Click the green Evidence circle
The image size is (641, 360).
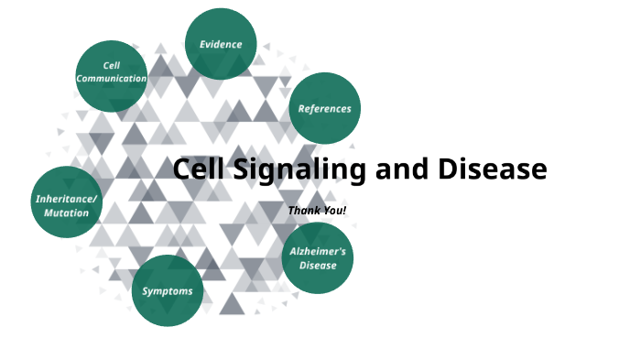[x=221, y=44]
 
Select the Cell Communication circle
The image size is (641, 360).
[x=111, y=76]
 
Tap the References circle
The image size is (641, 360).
[x=324, y=108]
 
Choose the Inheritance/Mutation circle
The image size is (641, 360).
[x=66, y=203]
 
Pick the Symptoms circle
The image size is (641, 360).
[x=168, y=291]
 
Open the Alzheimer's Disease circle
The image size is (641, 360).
[x=318, y=258]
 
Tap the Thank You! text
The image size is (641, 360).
[x=317, y=211]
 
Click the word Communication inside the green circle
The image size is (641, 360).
[x=112, y=79]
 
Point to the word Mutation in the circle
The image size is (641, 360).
[x=66, y=213]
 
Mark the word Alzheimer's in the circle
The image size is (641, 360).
[x=318, y=251]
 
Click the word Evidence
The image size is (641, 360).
[x=221, y=44]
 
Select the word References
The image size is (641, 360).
[x=324, y=108]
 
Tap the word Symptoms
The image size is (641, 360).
[x=168, y=291]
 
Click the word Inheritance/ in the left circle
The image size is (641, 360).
[x=66, y=198]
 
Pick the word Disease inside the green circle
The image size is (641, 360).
[x=318, y=266]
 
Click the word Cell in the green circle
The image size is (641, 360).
[x=112, y=66]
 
